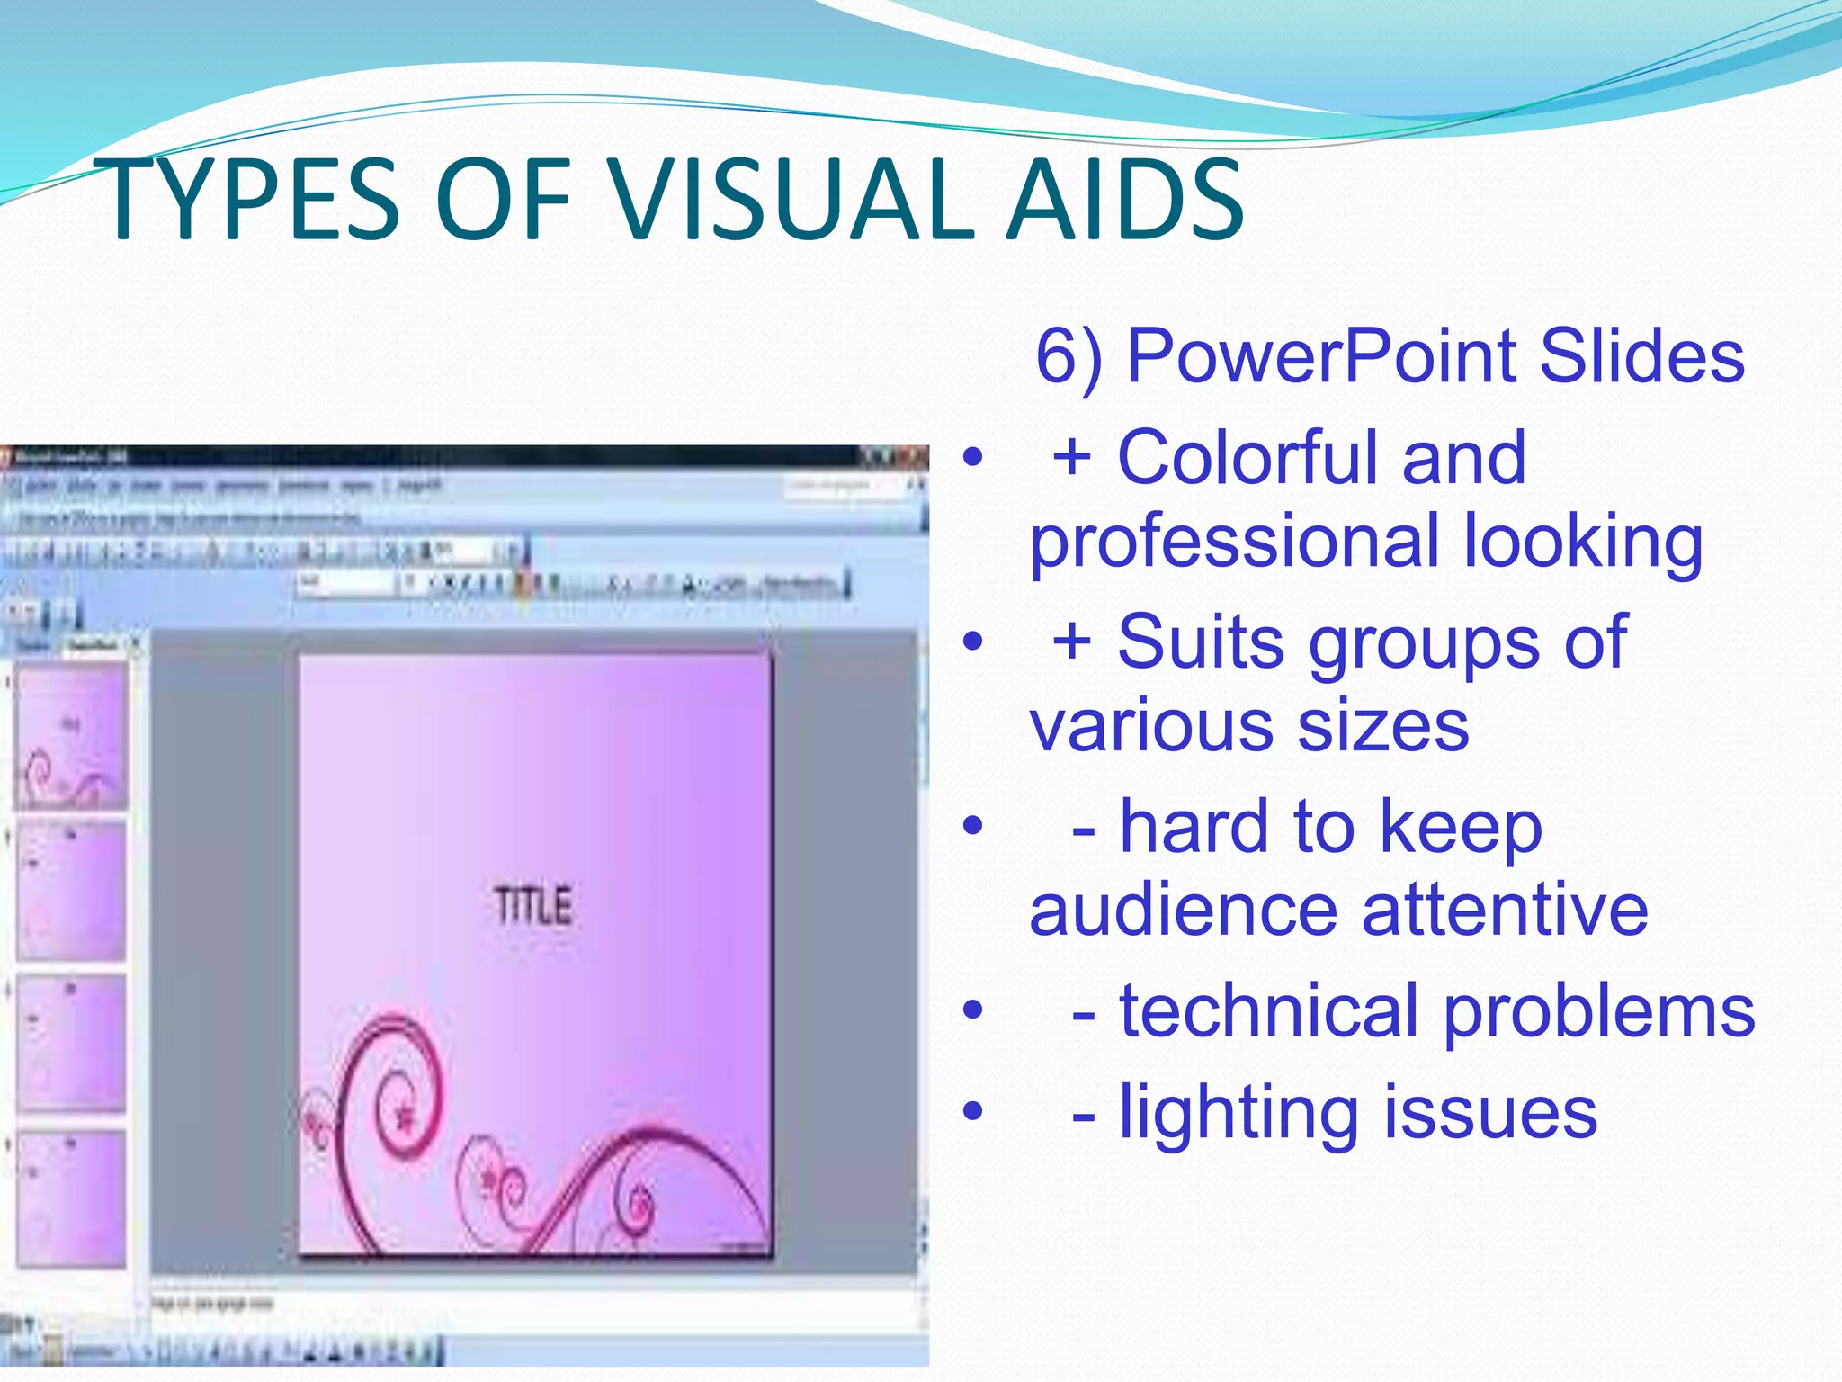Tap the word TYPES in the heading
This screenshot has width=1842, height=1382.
point(252,200)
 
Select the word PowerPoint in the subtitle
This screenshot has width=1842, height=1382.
point(1322,356)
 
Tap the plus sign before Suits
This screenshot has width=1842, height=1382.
point(1072,642)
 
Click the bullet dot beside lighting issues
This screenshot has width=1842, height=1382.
point(972,1112)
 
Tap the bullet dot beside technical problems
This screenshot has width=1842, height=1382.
point(972,1010)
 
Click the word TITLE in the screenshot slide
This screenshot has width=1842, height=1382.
point(533,906)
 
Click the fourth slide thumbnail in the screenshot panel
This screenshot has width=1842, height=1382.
point(70,1198)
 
